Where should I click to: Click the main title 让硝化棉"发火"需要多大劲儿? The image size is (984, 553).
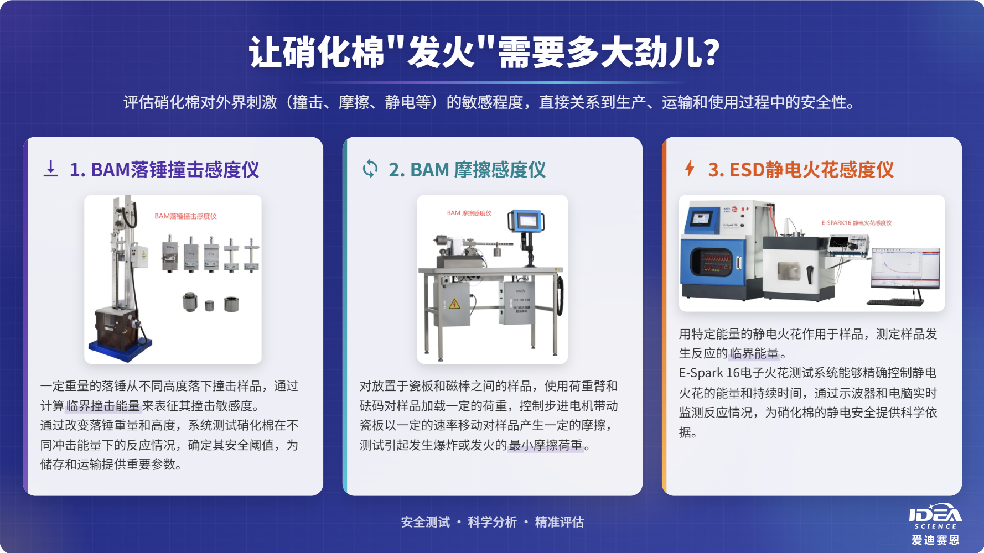484,53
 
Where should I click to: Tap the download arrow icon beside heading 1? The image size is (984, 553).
50,169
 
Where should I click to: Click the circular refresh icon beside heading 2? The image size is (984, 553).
370,169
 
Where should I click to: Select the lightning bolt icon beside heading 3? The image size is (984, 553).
689,168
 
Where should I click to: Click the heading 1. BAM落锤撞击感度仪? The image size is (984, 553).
164,170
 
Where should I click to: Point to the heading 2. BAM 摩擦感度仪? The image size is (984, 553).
467,170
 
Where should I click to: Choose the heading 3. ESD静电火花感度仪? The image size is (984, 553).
801,170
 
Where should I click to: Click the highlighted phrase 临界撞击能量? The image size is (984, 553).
103,406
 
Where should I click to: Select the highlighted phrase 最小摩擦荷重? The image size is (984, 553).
545,445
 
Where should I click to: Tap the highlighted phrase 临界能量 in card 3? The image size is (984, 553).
754,353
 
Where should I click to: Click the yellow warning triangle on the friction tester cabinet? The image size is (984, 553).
454,304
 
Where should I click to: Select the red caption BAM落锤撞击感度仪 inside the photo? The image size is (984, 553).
185,216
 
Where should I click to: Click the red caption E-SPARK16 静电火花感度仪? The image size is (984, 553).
856,223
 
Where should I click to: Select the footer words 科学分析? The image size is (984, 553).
492,522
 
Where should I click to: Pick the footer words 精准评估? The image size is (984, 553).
559,522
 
